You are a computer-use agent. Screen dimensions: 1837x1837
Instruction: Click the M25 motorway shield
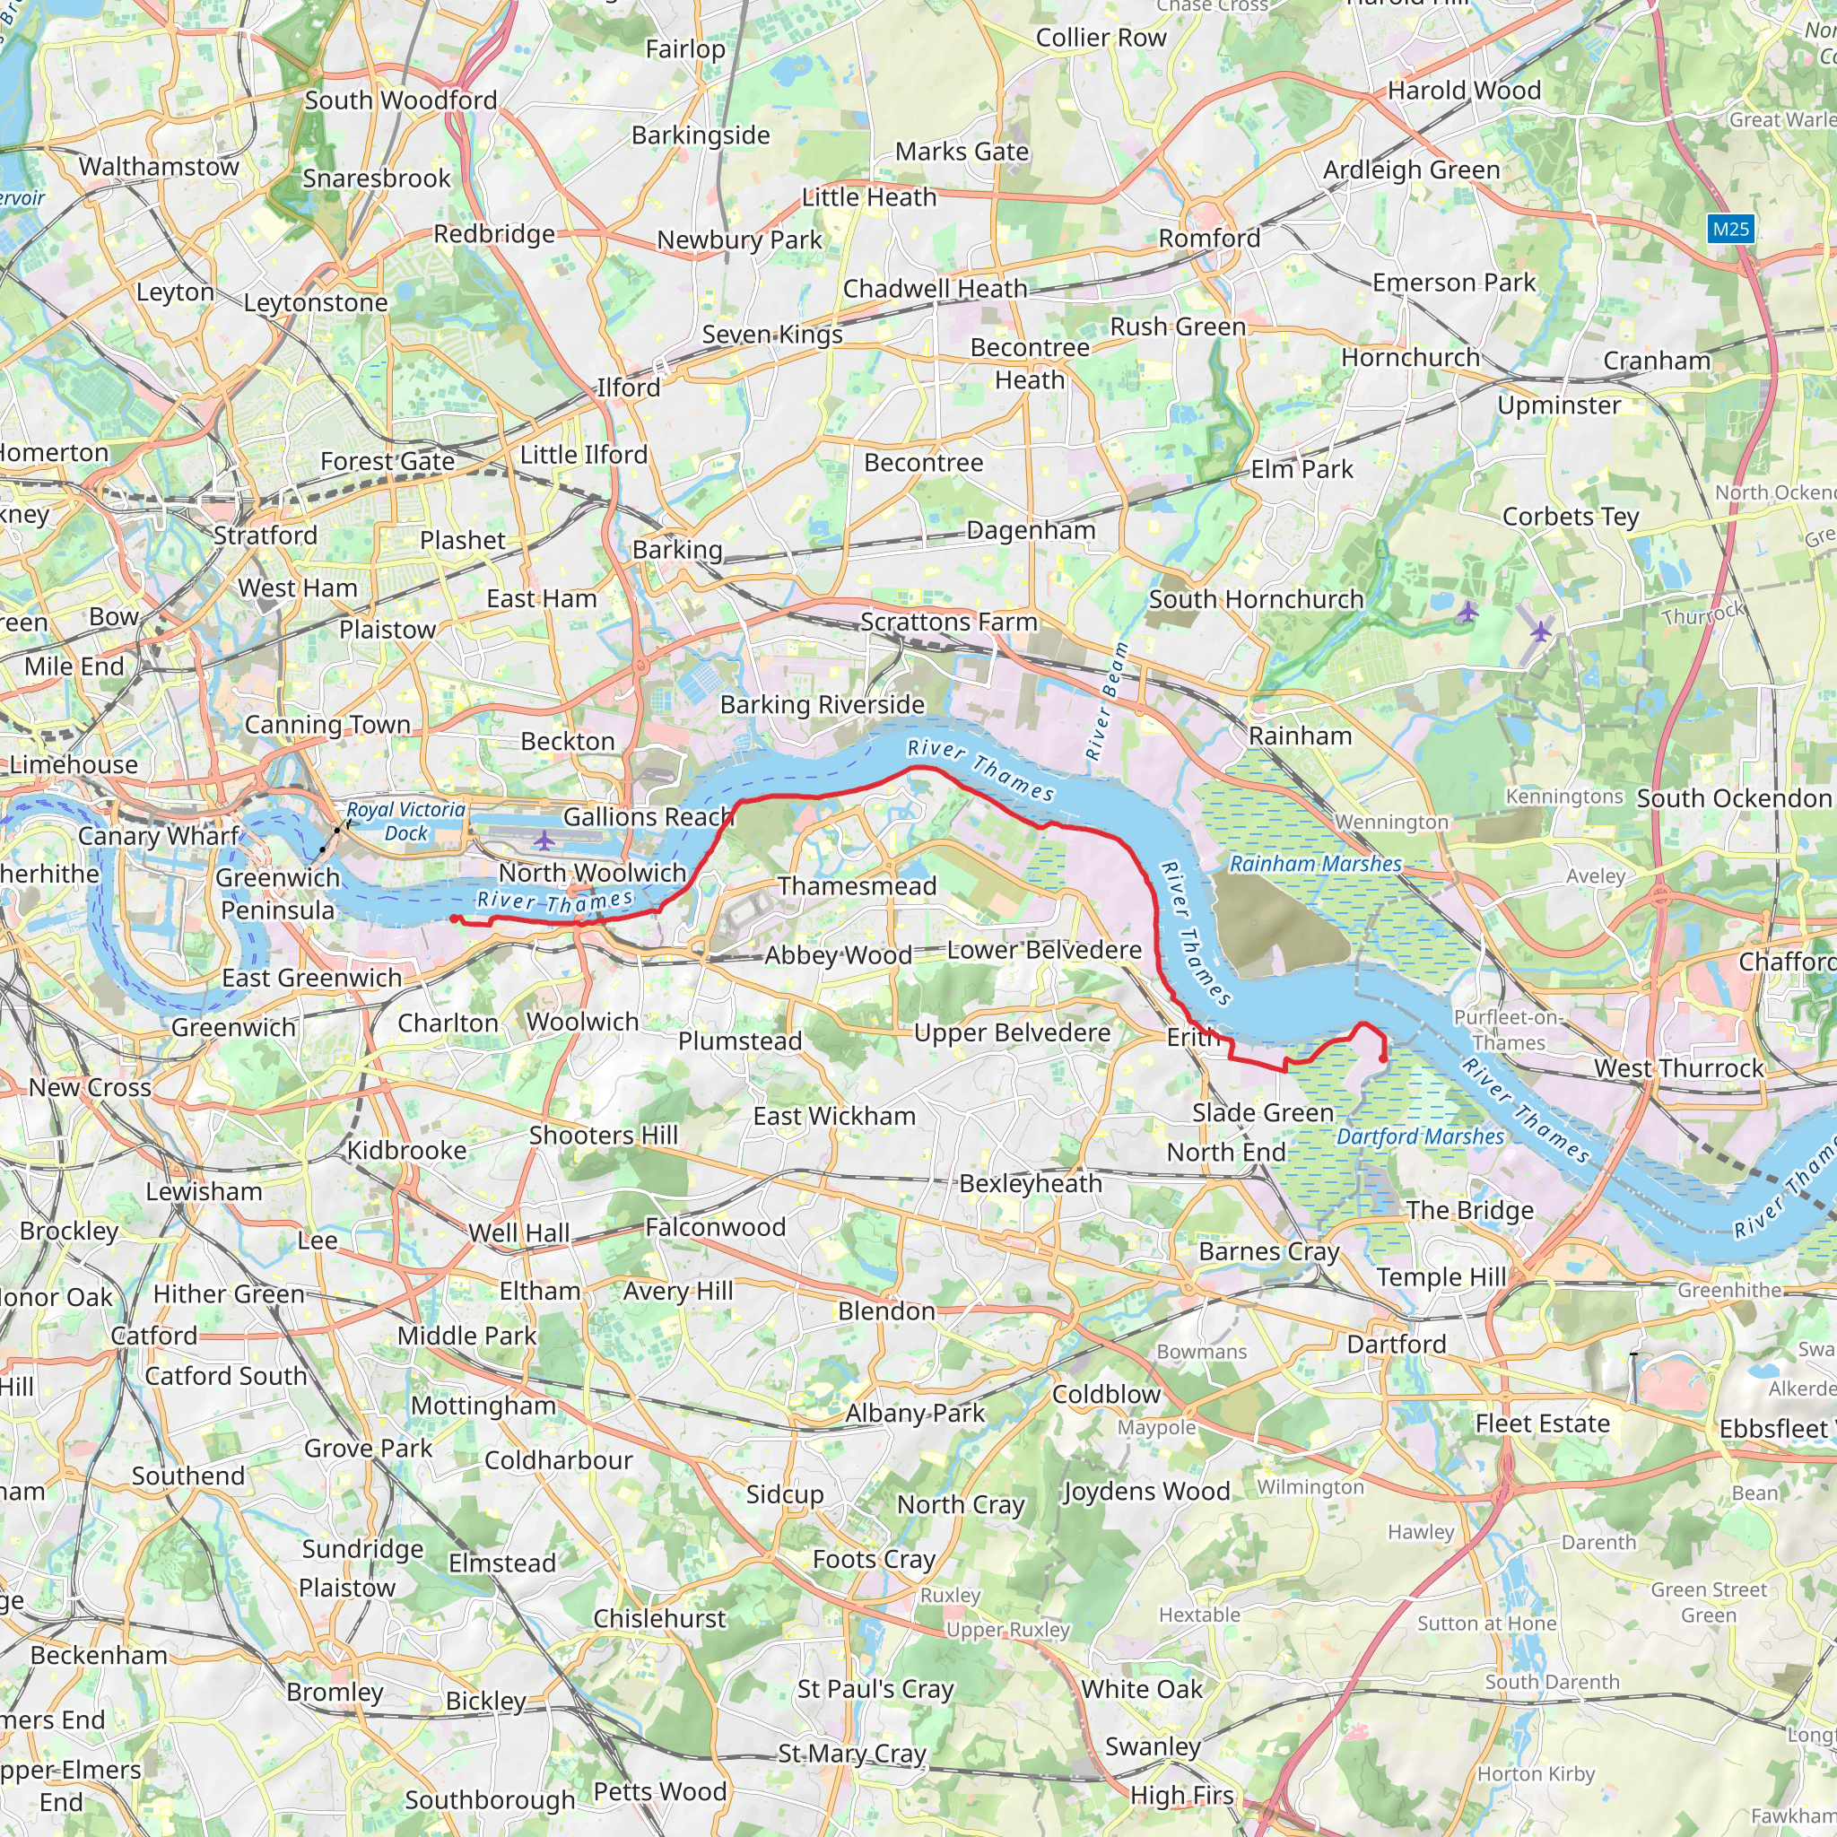click(x=1730, y=228)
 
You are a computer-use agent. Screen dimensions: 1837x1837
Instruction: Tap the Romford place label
click(x=1209, y=238)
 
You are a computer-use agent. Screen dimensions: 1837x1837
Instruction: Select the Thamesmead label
click(x=857, y=885)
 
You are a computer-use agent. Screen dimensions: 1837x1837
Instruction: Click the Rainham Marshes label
click(x=1315, y=864)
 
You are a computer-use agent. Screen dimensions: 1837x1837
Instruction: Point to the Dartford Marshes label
click(x=1420, y=1136)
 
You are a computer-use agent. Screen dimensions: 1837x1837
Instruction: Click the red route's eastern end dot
click(x=1382, y=1058)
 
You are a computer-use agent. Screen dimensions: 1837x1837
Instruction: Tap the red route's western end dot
click(x=454, y=918)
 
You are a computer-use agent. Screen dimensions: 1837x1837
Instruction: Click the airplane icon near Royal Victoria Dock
click(x=543, y=840)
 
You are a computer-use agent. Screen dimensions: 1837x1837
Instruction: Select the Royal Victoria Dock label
click(x=406, y=821)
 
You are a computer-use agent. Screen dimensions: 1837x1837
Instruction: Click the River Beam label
click(x=1107, y=701)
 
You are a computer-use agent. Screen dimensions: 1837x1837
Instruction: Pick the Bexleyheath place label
click(x=1031, y=1183)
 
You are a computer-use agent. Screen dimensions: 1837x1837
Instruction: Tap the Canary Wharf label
click(x=159, y=836)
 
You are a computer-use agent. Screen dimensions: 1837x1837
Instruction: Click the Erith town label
click(x=1193, y=1038)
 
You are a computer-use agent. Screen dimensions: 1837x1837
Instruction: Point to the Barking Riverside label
click(x=822, y=704)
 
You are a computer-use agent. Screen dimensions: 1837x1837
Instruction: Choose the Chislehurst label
click(x=659, y=1618)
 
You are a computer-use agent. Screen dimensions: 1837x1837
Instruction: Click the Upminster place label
click(x=1559, y=405)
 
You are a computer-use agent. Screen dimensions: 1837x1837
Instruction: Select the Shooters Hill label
click(x=604, y=1135)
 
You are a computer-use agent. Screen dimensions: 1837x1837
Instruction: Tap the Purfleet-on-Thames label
click(x=1509, y=1030)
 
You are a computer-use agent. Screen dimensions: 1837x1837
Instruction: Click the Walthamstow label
click(x=159, y=167)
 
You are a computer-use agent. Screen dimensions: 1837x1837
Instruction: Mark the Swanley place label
click(x=1153, y=1746)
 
